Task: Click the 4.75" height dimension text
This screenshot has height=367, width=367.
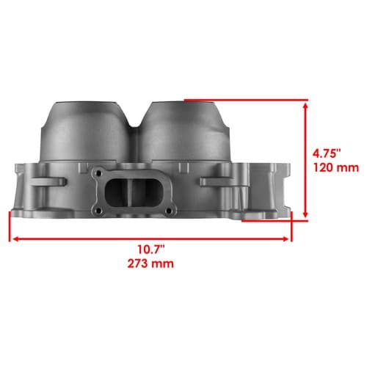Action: tap(327, 154)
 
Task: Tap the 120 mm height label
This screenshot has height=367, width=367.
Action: tap(336, 168)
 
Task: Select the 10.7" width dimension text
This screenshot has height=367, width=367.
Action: tap(151, 250)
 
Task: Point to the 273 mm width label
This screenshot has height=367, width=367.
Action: tap(150, 264)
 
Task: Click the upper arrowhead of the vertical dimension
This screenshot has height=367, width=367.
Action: tap(305, 106)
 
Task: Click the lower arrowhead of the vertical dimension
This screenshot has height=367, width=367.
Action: tap(305, 214)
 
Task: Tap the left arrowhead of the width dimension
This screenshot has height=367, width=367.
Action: tap(15, 239)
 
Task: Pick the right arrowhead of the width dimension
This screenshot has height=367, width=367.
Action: tap(286, 239)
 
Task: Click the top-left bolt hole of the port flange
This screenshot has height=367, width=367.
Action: tap(98, 173)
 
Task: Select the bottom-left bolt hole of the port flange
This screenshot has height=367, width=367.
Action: tap(98, 210)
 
